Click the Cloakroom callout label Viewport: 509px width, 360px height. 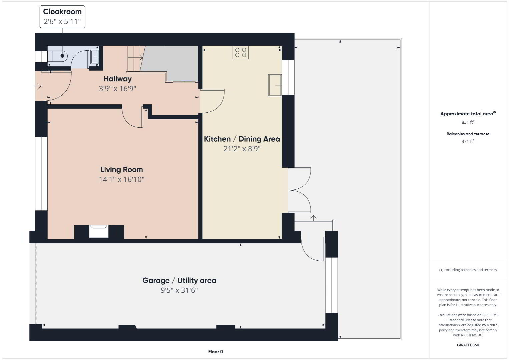62,17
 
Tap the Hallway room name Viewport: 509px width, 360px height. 117,79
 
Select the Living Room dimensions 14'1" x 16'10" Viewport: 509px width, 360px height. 121,179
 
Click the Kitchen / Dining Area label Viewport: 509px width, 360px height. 242,139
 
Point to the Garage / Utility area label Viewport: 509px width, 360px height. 179,281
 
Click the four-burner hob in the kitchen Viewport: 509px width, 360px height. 240,52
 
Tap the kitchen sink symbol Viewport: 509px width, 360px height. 275,85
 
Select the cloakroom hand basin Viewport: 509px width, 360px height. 94,57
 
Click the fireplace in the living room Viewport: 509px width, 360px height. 99,231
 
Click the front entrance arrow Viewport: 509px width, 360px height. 38,86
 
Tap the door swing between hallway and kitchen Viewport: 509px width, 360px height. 212,101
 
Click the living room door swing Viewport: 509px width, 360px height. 132,117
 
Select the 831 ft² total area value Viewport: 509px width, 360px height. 468,122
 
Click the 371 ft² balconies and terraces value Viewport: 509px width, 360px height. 468,141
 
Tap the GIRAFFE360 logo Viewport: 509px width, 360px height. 468,345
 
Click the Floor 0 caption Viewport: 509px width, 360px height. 216,352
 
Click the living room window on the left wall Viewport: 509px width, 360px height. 41,174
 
